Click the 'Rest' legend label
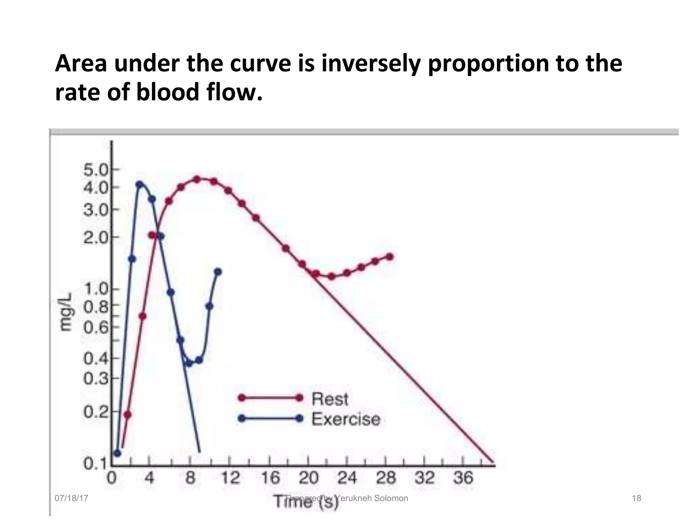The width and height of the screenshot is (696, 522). click(330, 399)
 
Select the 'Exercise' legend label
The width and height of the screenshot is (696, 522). click(346, 419)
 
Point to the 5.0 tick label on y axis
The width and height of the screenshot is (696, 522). click(95, 170)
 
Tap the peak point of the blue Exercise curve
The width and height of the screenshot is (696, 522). click(139, 185)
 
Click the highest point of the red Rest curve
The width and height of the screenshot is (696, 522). click(197, 179)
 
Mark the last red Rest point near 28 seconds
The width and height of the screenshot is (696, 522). click(390, 257)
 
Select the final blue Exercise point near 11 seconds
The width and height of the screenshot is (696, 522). click(218, 272)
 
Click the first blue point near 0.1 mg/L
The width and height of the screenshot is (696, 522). click(117, 453)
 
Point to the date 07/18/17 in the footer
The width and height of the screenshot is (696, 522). click(71, 498)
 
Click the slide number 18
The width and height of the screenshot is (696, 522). click(636, 498)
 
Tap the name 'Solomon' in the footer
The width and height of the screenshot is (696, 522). click(391, 498)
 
